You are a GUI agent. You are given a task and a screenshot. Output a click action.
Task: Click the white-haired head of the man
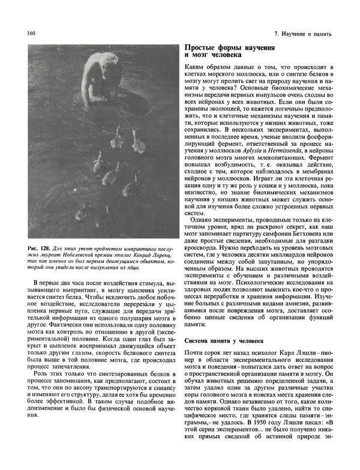click(x=98, y=62)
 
